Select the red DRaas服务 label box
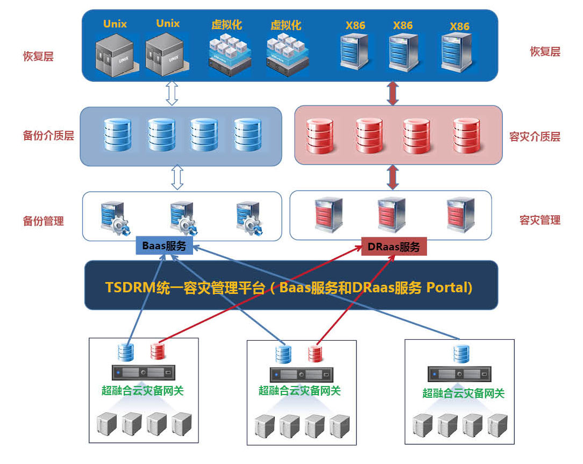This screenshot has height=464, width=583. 393,247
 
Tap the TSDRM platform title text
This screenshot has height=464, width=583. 289,287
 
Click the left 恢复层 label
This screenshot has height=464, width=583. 38,56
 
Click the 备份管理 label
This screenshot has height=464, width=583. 43,221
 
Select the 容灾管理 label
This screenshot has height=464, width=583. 540,220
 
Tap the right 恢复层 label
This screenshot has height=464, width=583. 545,52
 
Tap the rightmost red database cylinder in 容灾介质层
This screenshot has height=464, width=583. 466,135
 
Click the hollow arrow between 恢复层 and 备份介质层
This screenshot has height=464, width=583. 172,93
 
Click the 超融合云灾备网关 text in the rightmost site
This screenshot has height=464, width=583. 464,393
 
